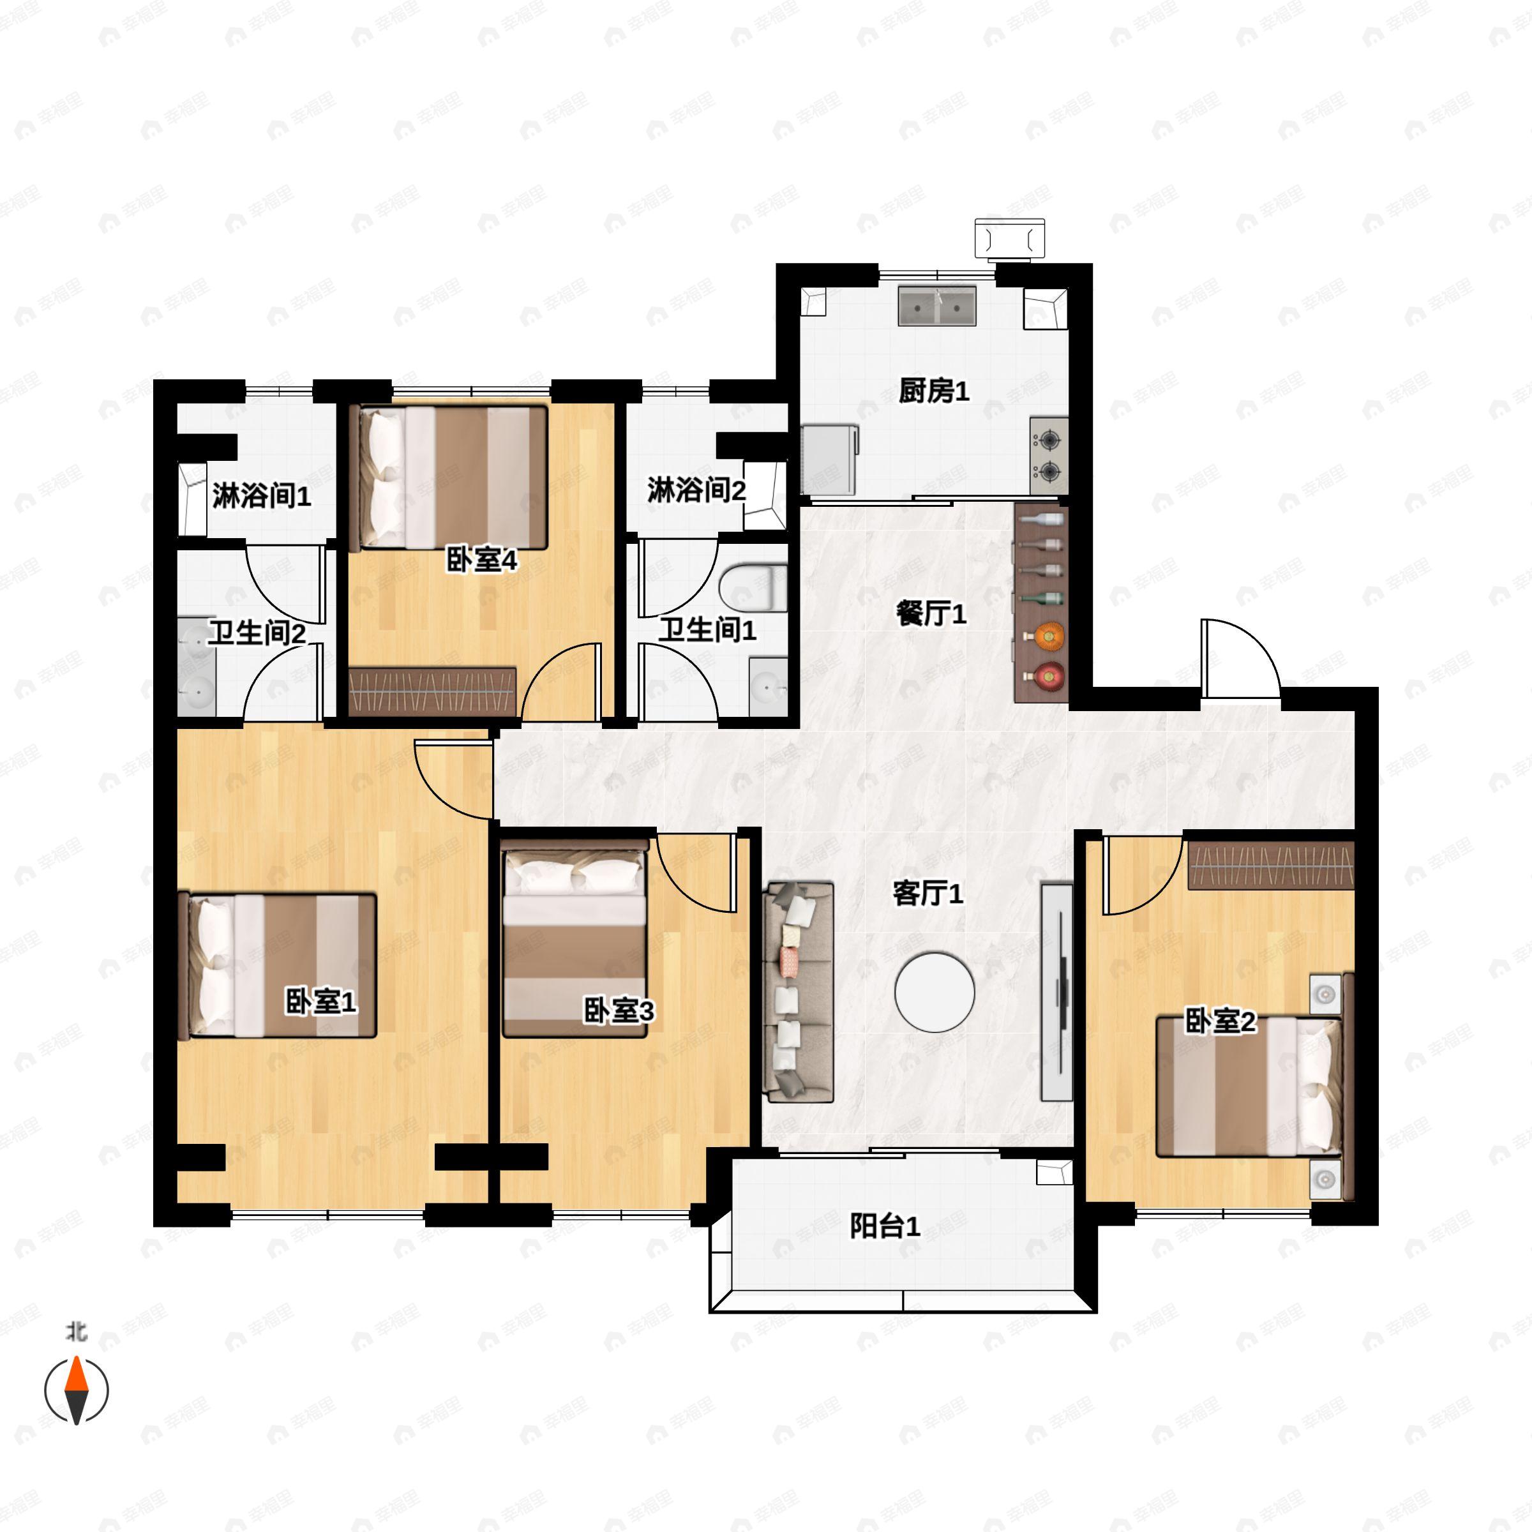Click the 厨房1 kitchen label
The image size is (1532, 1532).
[933, 391]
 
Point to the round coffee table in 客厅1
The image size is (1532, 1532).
[934, 992]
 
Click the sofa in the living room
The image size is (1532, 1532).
[798, 992]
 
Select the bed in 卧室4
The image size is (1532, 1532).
[449, 478]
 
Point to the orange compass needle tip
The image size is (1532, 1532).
[76, 1356]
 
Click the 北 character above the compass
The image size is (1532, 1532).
[76, 1332]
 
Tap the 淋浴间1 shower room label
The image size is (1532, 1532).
[261, 497]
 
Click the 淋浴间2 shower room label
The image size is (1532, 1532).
[696, 490]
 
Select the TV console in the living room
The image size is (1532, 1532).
[1056, 991]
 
